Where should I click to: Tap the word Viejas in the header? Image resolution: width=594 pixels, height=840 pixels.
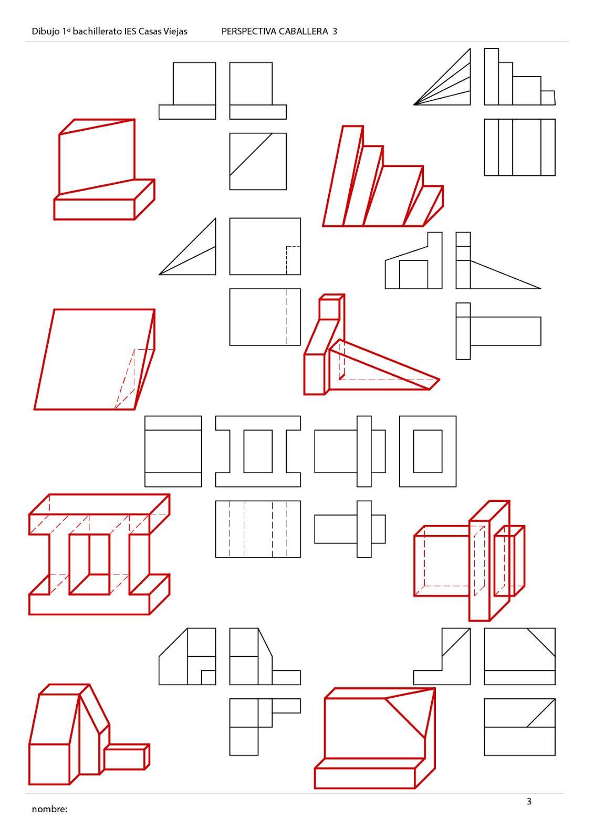175,31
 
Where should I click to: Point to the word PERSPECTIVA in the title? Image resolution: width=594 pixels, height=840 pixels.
248,31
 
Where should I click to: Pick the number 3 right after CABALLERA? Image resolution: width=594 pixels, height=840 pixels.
335,31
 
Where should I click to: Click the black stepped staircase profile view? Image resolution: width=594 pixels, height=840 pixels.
519,77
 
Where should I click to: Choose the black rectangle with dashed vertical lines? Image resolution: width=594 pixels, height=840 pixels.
258,529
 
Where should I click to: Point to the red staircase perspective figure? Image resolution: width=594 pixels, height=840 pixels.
383,176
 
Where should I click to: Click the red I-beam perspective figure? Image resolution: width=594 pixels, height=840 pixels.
99,554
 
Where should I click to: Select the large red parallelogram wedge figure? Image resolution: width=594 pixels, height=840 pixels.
95,359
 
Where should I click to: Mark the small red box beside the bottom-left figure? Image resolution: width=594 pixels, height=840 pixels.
127,757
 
